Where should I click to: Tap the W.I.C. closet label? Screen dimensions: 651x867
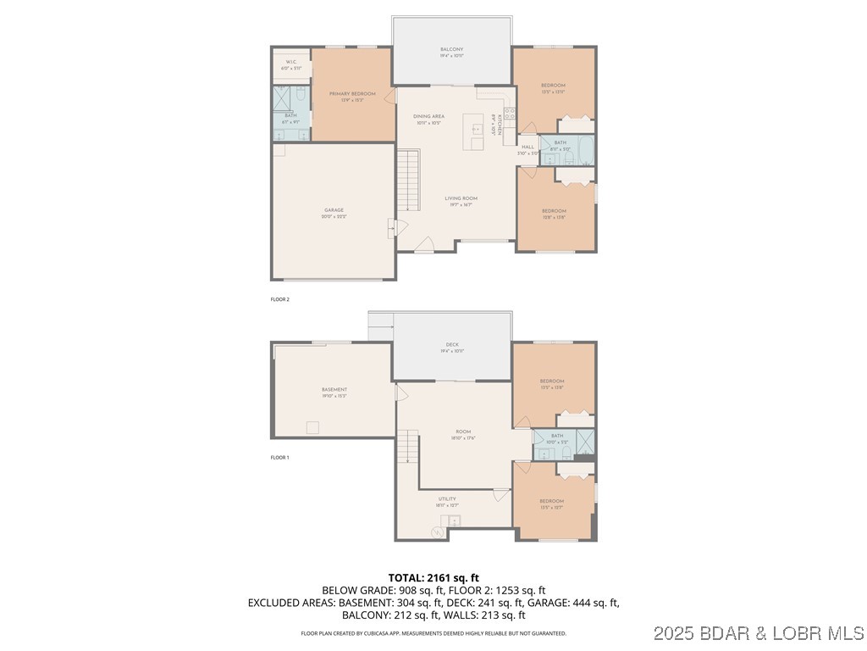290,62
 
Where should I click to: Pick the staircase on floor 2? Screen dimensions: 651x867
409,180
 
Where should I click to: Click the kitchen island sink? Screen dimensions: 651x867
478,130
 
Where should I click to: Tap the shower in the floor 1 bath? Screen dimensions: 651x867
583,440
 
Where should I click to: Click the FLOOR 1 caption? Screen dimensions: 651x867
279,458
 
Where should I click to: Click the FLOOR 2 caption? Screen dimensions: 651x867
279,299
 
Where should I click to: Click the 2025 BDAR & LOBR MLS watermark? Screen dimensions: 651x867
782,633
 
